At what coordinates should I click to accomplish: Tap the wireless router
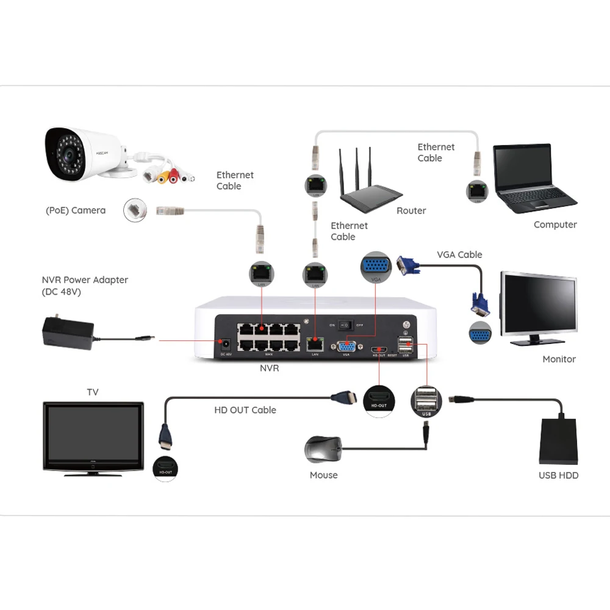pyautogui.click(x=370, y=192)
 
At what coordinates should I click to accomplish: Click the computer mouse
pyautogui.click(x=323, y=451)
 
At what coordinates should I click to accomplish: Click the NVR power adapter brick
pyautogui.click(x=67, y=332)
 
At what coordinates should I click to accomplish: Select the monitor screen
pyautogui.click(x=539, y=304)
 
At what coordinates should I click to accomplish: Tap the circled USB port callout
pyautogui.click(x=426, y=401)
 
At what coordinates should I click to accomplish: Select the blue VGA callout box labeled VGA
pyautogui.click(x=376, y=268)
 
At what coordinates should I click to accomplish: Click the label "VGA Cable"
pyautogui.click(x=459, y=254)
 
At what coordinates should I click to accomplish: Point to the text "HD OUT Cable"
pyautogui.click(x=245, y=410)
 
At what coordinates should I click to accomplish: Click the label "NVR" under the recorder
pyautogui.click(x=269, y=368)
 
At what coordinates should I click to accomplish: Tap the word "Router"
pyautogui.click(x=411, y=210)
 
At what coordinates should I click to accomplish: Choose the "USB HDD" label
pyautogui.click(x=558, y=475)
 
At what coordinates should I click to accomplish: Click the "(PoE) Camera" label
pyautogui.click(x=76, y=210)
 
